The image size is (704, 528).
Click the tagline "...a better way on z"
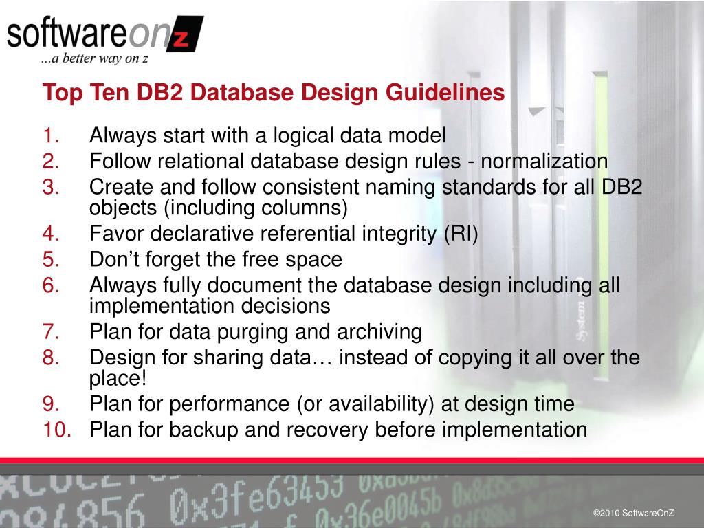click(x=95, y=59)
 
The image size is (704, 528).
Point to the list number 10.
click(x=58, y=430)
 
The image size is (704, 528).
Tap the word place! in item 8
click(x=118, y=379)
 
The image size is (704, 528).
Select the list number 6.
click(x=53, y=285)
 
